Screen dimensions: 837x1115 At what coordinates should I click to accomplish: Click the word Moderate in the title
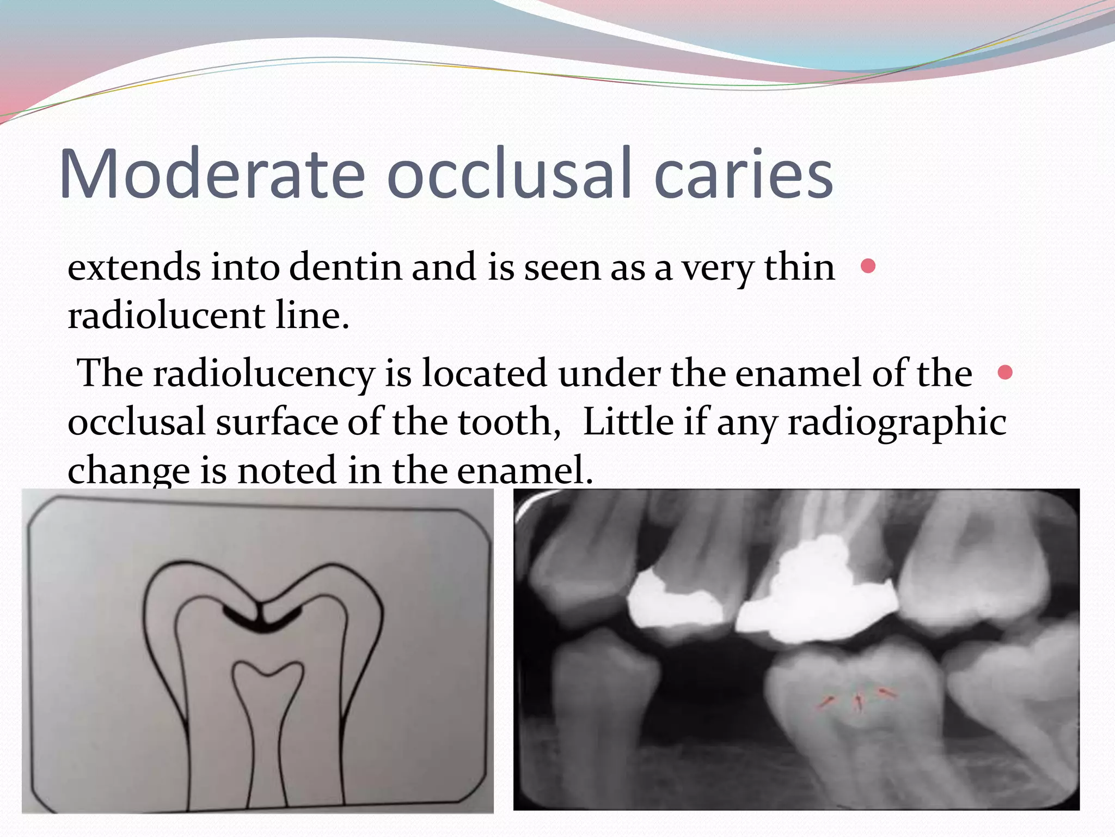pos(212,173)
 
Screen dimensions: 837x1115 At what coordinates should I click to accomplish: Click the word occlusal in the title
pos(510,173)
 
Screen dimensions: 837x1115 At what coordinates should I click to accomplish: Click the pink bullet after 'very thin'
pos(868,266)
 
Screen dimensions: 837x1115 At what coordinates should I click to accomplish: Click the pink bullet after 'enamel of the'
pos(1005,373)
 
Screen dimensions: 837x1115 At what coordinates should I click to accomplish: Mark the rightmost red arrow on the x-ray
pos(887,693)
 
